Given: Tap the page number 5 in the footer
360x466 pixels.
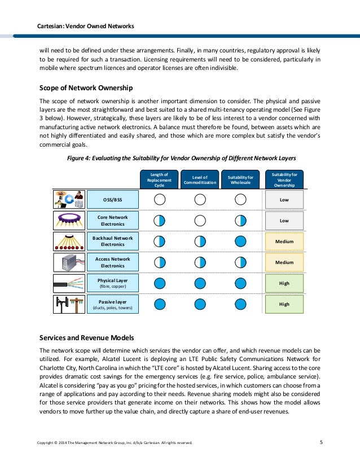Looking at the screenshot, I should [x=321, y=442].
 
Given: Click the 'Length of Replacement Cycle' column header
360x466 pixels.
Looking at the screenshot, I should [x=160, y=180].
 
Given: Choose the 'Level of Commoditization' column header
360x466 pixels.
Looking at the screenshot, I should [x=200, y=180].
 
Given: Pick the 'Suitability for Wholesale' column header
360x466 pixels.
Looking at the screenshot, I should [x=240, y=180].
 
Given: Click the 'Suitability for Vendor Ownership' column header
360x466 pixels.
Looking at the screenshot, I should [x=284, y=180].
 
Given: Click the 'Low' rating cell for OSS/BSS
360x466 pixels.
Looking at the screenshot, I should [x=284, y=199].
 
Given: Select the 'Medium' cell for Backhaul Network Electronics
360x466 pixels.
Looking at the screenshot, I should [x=284, y=241].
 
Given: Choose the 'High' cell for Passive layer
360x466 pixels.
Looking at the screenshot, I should [x=284, y=304].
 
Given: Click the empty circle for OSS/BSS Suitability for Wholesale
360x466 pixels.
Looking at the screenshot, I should [x=240, y=199].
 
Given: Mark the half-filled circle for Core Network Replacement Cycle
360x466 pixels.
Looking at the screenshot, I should [x=160, y=221].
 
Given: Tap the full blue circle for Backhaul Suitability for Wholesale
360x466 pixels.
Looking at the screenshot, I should [x=240, y=241].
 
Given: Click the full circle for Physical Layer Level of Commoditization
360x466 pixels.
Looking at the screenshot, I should [x=200, y=283].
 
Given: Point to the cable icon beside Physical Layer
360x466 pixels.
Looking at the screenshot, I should [x=69, y=283].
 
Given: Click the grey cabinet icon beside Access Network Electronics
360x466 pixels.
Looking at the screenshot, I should [x=69, y=262].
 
